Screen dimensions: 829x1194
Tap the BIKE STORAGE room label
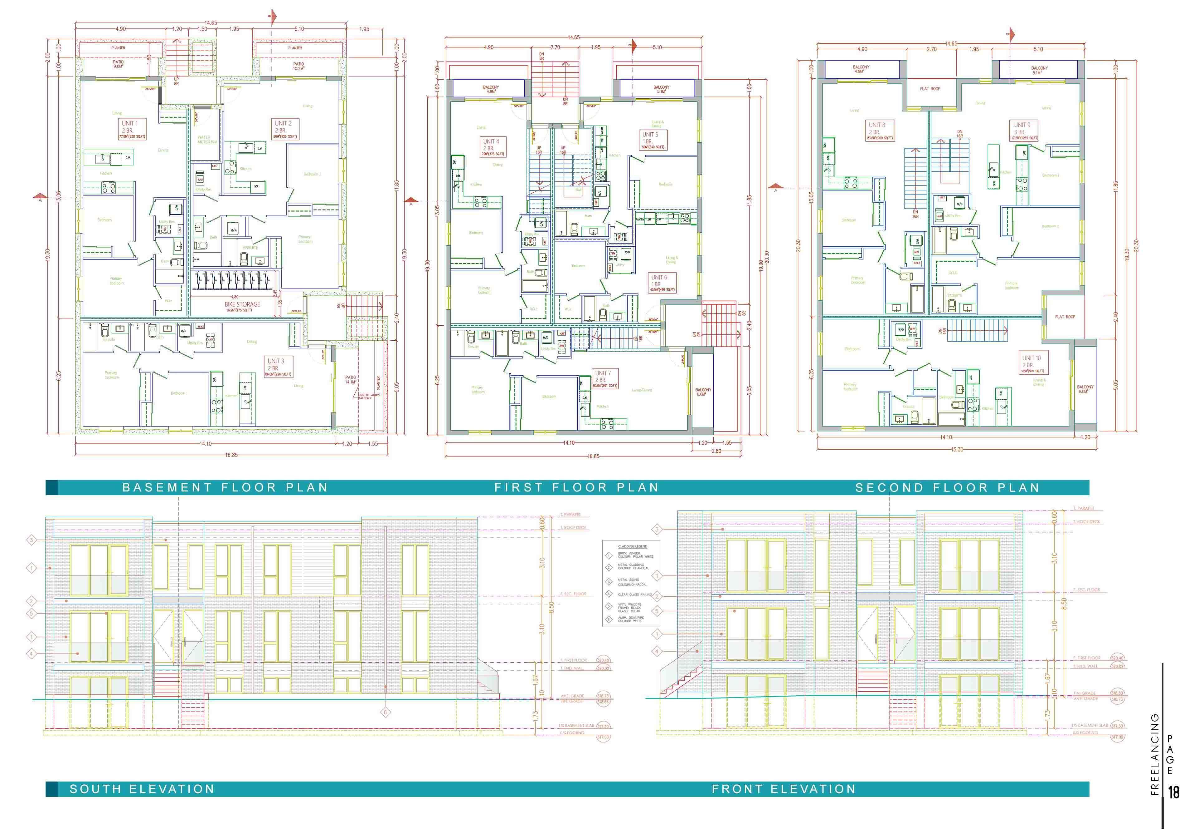click(x=242, y=306)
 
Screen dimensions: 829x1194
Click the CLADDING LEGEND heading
click(x=633, y=546)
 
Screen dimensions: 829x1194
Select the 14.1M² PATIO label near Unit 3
click(x=351, y=380)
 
